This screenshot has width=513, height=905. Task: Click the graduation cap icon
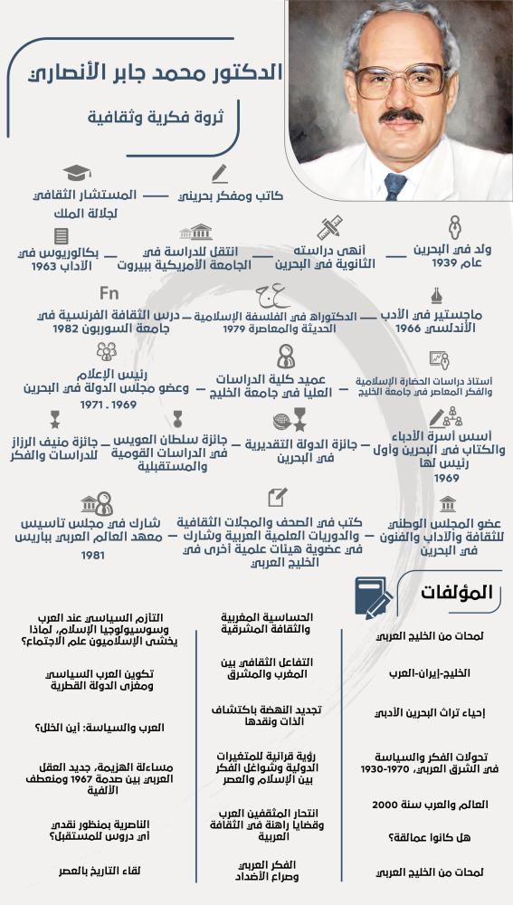(78, 173)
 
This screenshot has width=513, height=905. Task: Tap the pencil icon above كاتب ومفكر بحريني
(218, 172)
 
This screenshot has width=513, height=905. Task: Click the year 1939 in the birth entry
(466, 263)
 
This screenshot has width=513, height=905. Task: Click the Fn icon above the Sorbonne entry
(109, 293)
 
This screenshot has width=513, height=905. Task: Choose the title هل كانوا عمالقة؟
(452, 837)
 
